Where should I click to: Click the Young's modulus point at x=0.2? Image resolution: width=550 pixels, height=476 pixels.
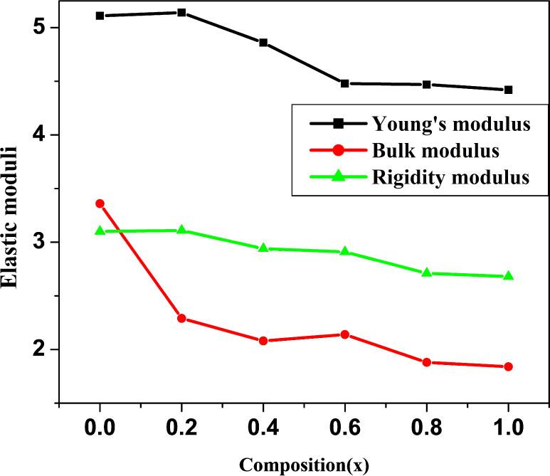click(181, 13)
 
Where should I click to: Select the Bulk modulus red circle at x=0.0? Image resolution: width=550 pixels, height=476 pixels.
click(100, 203)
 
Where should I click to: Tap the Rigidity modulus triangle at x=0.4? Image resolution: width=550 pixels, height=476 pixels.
click(263, 248)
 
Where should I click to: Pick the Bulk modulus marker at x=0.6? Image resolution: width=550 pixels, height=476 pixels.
click(345, 334)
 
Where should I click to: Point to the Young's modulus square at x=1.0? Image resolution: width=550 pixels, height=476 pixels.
click(508, 90)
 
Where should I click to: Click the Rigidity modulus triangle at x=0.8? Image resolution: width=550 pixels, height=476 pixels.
click(426, 273)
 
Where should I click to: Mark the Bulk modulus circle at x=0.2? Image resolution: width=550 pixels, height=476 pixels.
click(181, 318)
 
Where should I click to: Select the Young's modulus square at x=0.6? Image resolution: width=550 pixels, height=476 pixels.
click(345, 83)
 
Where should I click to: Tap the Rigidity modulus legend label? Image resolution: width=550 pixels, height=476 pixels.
click(450, 177)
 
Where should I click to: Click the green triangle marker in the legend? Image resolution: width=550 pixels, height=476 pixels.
click(338, 177)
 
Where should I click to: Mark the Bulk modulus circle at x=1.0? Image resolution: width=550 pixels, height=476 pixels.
click(508, 366)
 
